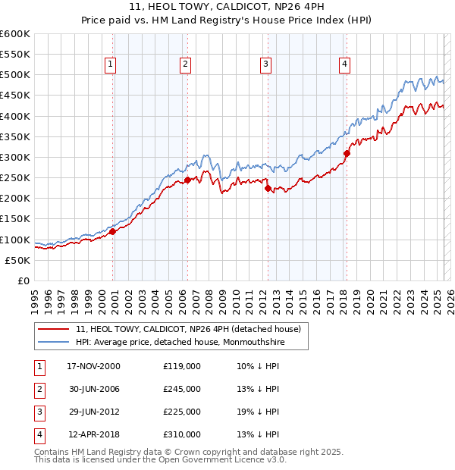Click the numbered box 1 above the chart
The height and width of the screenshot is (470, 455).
[x=111, y=65]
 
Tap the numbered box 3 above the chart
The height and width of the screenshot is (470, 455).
[x=266, y=65]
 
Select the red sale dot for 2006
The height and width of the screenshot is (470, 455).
[x=187, y=180]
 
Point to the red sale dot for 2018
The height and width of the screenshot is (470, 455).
[x=347, y=153]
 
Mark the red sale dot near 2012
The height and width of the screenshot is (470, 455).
[x=268, y=188]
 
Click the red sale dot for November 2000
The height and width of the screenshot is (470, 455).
[x=112, y=232]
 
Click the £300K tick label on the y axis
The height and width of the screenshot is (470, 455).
[x=15, y=157]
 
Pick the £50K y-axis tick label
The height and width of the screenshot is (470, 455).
[x=17, y=260]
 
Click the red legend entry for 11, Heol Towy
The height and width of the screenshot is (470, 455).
[x=189, y=329]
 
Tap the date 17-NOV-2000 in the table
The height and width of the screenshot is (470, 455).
[x=93, y=366]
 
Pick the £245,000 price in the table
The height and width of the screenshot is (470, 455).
[x=182, y=389]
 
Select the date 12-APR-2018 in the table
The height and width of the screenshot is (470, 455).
[x=93, y=434]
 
